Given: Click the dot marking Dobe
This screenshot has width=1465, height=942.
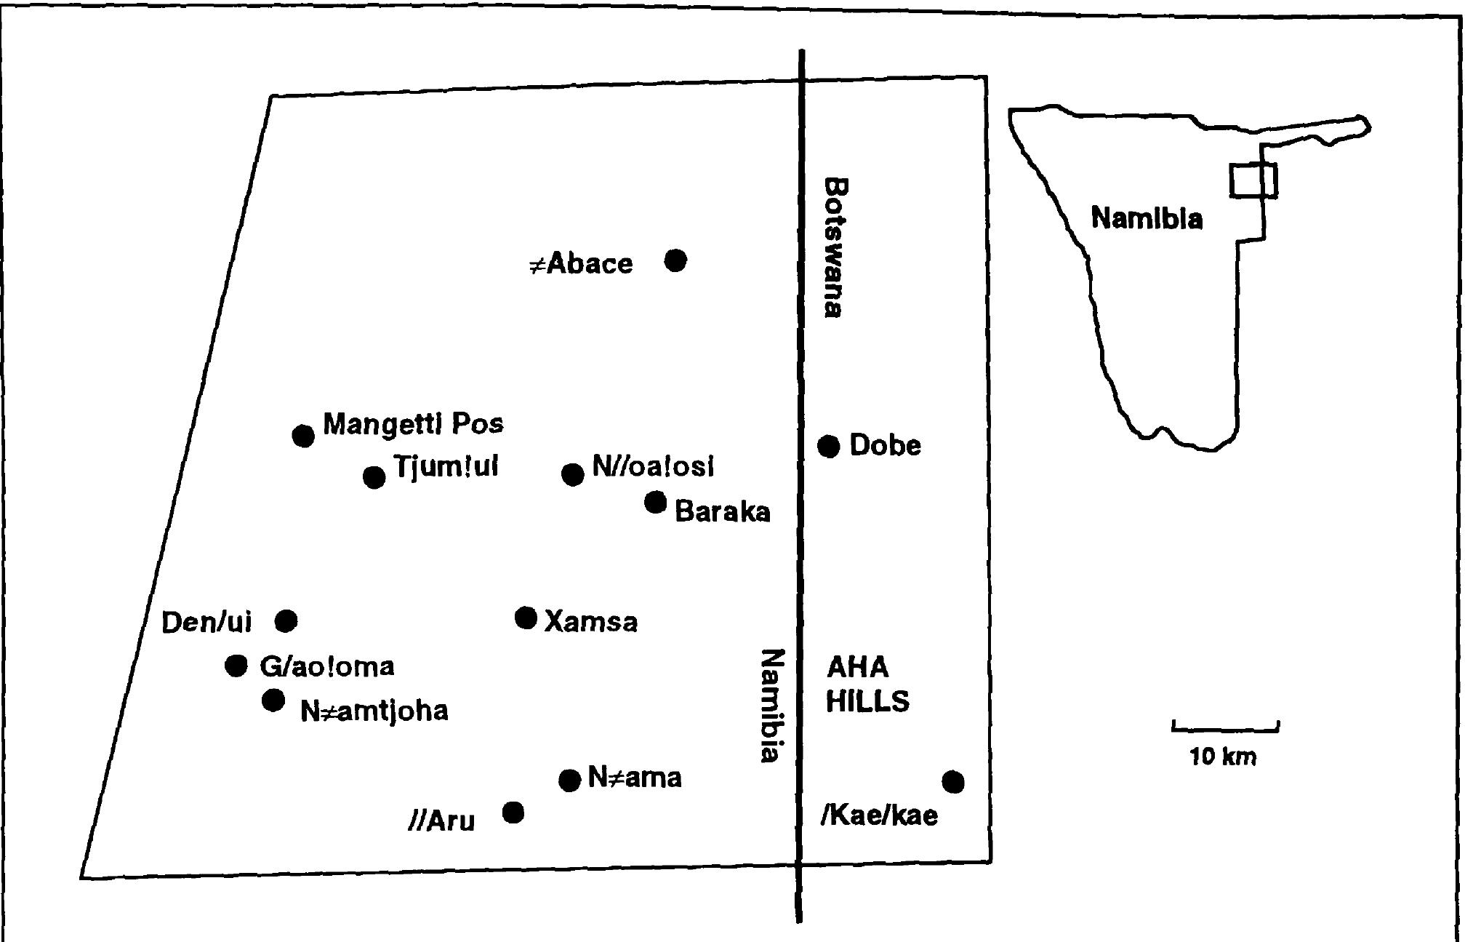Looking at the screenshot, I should tap(829, 446).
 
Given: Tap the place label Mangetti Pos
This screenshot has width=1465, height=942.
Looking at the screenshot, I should tap(412, 423).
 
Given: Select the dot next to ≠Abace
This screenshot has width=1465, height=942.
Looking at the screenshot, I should tap(675, 260).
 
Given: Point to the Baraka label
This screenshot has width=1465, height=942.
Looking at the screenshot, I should tap(722, 511).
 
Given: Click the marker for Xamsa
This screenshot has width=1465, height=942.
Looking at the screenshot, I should tap(526, 618).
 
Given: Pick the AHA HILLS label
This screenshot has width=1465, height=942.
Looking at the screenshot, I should tap(867, 684).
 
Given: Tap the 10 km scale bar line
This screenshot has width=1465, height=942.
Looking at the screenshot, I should tap(1225, 728).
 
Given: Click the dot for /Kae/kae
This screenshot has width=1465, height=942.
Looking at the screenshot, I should tap(953, 782).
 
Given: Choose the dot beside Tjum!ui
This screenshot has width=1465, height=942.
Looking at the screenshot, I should tap(374, 477).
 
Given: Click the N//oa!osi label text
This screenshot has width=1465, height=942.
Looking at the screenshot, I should tap(653, 466).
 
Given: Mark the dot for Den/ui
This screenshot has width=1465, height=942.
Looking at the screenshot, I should tap(286, 620).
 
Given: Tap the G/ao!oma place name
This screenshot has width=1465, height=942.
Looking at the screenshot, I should tap(326, 666).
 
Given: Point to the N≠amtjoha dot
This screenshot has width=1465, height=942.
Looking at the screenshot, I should tap(273, 700).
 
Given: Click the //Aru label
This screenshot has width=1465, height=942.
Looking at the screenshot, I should tap(441, 821).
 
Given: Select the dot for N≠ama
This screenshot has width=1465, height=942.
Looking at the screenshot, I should tap(569, 781).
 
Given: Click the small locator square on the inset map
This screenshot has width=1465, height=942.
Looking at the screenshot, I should tap(1253, 180).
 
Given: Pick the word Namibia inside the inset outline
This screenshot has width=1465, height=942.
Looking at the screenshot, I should tap(1147, 218).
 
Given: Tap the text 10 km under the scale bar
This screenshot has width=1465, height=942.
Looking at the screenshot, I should tap(1222, 757).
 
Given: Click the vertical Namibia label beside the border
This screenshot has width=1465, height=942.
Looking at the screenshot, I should tap(771, 706).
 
